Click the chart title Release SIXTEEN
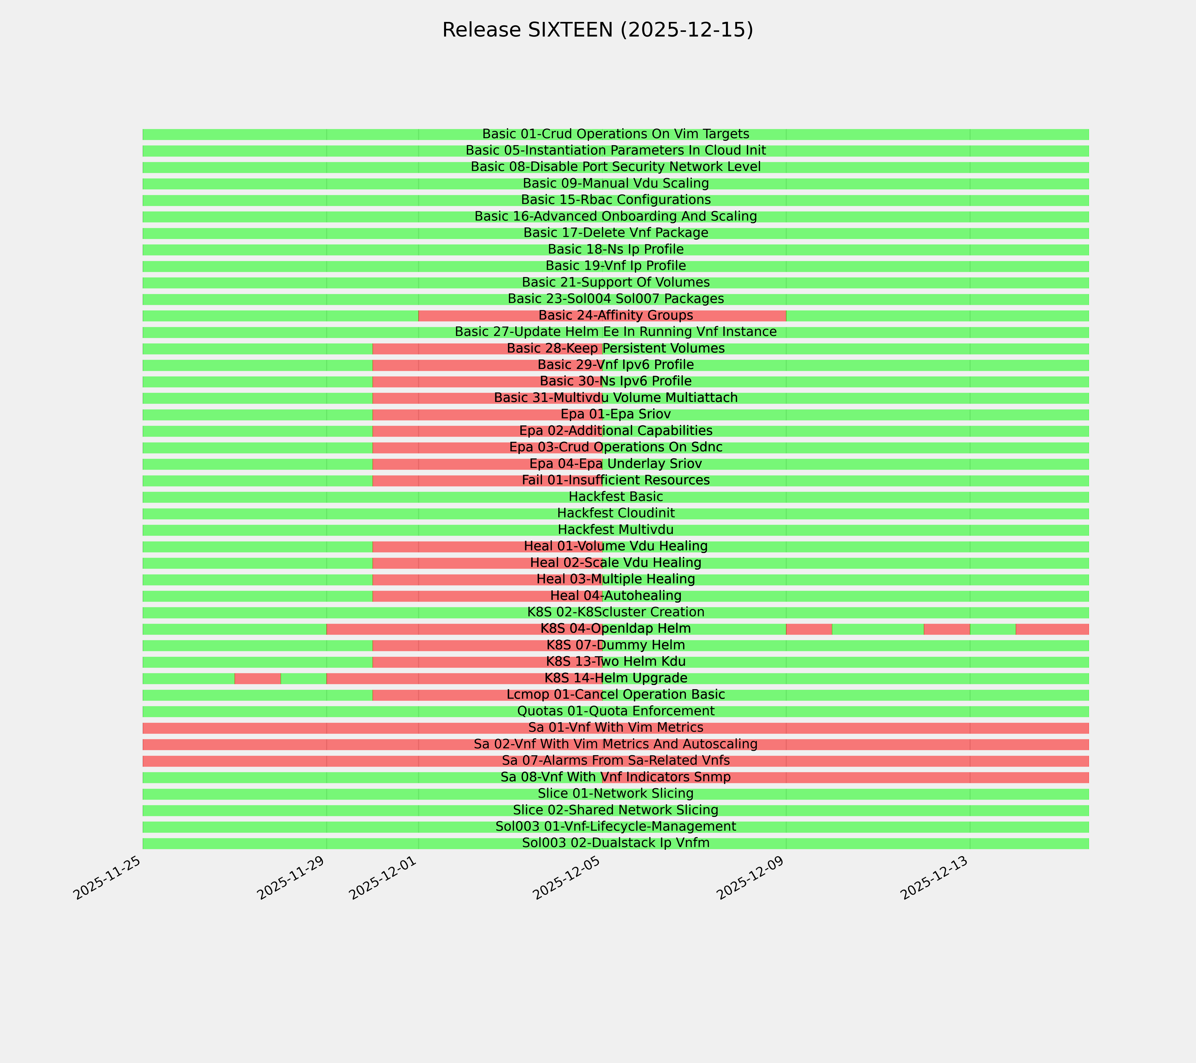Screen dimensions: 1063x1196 point(597,30)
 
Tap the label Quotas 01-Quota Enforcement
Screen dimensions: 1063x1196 point(615,711)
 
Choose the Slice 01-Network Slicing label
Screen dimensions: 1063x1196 point(615,794)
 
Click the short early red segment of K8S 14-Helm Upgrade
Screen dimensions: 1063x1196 point(257,679)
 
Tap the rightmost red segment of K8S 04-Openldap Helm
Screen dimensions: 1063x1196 point(1052,629)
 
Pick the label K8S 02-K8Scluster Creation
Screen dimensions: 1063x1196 point(615,613)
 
